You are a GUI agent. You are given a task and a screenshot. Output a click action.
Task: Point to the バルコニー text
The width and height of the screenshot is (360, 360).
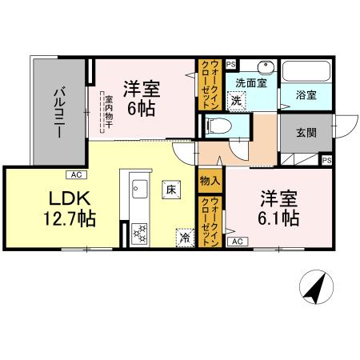coord(59,113)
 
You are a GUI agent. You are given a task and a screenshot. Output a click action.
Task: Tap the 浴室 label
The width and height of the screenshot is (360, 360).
coord(306,94)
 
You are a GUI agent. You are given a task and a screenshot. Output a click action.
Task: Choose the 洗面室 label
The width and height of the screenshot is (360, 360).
coord(251,82)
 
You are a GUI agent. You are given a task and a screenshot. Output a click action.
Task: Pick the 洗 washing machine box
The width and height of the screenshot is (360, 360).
coord(236,101)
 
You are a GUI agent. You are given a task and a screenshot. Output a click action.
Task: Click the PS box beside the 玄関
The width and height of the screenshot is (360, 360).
coord(326,160)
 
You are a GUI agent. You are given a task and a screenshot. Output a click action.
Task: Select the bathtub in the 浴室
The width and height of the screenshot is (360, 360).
coord(304,71)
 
